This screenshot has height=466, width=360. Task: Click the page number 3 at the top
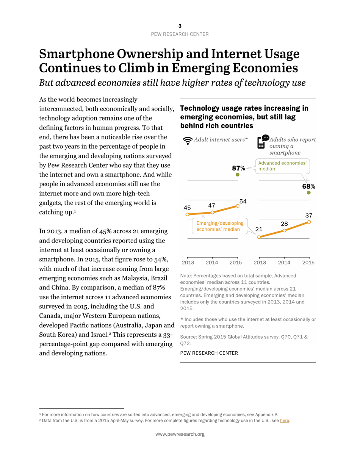pos(180,26)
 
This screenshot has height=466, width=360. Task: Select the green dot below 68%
pos(309,192)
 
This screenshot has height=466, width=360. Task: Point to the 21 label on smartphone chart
pos(259,228)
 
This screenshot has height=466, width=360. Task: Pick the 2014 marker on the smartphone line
pos(284,230)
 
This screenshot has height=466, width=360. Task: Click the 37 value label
pos(309,215)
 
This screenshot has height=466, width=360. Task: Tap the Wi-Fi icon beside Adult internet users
pos(187,139)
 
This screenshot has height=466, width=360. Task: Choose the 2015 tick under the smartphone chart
pos(309,262)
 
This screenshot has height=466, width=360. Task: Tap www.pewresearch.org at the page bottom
pos(180,435)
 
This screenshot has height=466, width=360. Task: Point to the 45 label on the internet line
pos(187,208)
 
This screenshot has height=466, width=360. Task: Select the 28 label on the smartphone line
pos(284,224)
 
